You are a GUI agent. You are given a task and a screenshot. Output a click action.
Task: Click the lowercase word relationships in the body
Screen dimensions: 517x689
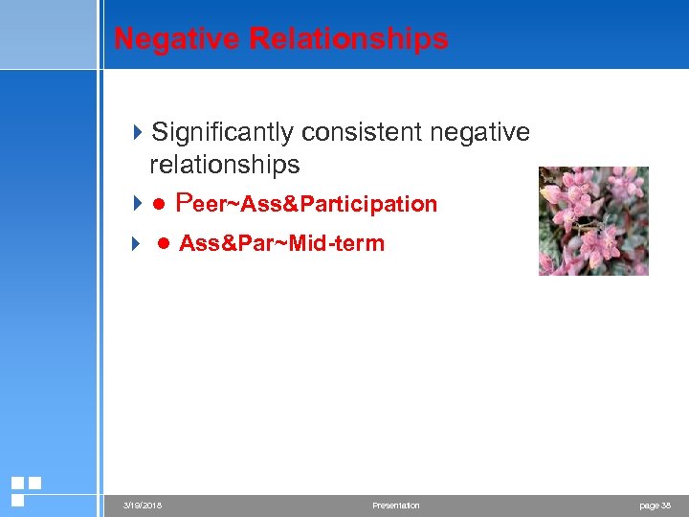(x=224, y=165)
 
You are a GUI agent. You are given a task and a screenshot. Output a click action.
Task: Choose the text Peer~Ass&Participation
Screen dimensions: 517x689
(x=307, y=204)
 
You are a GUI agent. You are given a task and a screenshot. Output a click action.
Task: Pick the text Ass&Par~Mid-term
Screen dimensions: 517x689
(x=281, y=243)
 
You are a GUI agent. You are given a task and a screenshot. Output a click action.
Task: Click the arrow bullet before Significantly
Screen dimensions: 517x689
(x=137, y=132)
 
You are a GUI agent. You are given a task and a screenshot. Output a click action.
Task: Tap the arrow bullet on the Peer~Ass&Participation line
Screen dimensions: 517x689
(x=137, y=204)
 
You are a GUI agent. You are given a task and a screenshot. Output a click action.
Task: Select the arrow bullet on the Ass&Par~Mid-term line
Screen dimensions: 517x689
(x=137, y=243)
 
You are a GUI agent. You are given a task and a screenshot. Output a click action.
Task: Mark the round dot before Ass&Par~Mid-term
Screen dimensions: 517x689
(x=164, y=244)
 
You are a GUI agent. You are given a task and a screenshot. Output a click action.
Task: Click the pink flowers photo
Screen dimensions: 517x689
(x=593, y=221)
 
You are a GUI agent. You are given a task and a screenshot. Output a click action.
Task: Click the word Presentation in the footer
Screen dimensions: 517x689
(x=396, y=506)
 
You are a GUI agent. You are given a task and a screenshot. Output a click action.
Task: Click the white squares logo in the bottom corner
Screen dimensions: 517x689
(x=25, y=490)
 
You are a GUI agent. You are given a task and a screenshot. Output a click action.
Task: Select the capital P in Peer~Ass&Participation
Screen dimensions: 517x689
(x=186, y=203)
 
